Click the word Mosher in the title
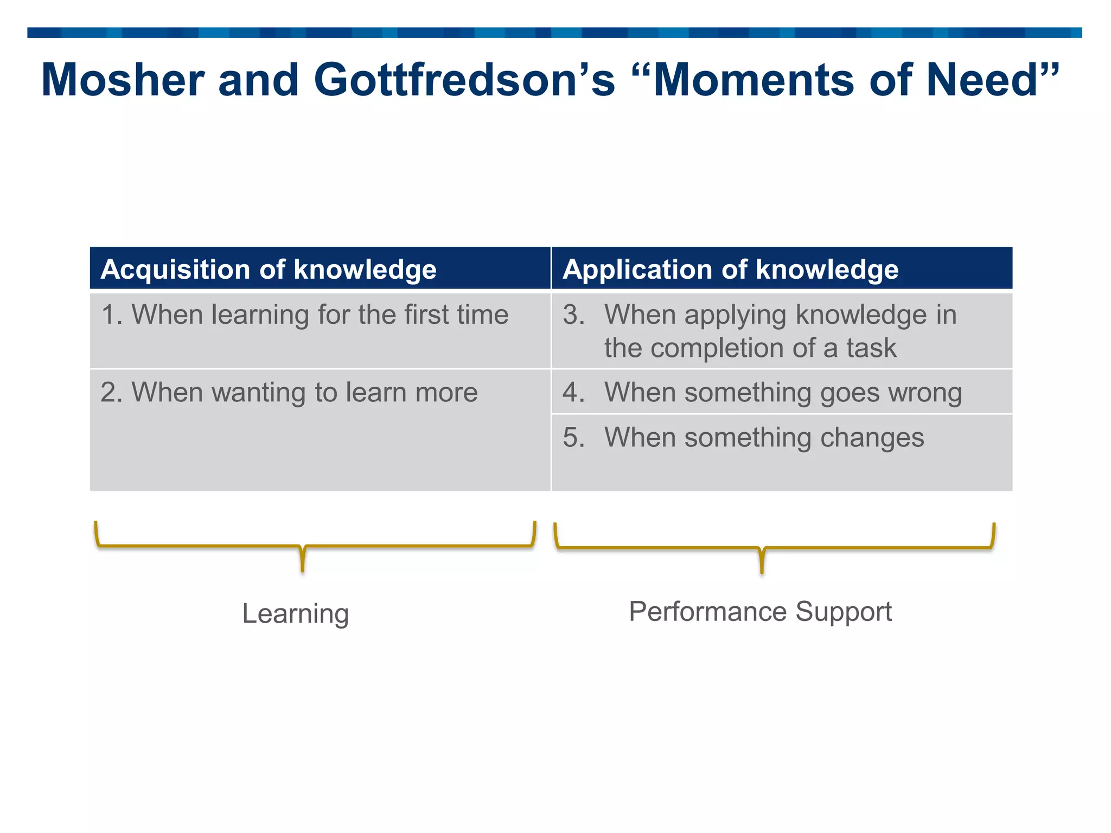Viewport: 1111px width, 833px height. pos(123,80)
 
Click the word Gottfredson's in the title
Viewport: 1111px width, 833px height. pos(464,80)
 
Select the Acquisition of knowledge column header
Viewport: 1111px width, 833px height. pos(269,269)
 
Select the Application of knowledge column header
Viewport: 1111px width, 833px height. pos(730,269)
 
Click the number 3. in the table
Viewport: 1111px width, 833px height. pos(573,315)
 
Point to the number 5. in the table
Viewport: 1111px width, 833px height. pos(573,437)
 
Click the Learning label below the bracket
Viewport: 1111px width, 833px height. pos(295,613)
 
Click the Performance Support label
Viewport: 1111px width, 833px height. pos(760,612)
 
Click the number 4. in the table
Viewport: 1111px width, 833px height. pos(573,392)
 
